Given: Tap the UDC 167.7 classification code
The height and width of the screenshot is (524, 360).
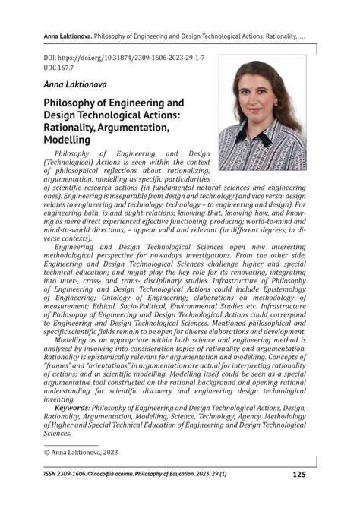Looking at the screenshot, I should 66,68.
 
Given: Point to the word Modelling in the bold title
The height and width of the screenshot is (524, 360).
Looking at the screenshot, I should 68,140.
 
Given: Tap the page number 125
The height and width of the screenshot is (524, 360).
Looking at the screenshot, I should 298,475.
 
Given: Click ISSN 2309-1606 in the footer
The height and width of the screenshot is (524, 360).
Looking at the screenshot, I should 72,475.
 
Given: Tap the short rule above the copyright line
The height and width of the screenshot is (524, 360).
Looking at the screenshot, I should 67,444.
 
